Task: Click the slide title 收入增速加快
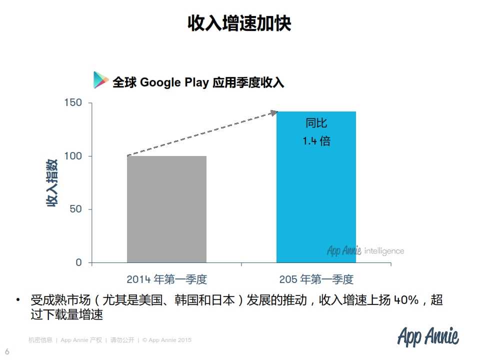pyautogui.click(x=239, y=23)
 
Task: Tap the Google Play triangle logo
pyautogui.click(x=100, y=80)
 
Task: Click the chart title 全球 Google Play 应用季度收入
pyautogui.click(x=198, y=82)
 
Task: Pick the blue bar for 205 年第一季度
pyautogui.click(x=316, y=200)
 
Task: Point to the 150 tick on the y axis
pyautogui.click(x=72, y=103)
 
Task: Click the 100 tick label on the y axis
pyautogui.click(x=72, y=156)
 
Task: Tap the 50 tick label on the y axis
pyautogui.click(x=75, y=209)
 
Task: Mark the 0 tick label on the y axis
pyautogui.click(x=78, y=262)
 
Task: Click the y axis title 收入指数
pyautogui.click(x=52, y=182)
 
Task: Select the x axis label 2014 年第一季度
pyautogui.click(x=166, y=279)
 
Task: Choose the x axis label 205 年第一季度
pyautogui.click(x=316, y=279)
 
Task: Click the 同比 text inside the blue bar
pyautogui.click(x=316, y=123)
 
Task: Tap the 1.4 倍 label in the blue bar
pyautogui.click(x=316, y=141)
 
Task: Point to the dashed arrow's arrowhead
pyautogui.click(x=273, y=112)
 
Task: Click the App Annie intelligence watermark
pyautogui.click(x=365, y=250)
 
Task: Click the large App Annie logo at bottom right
pyautogui.click(x=428, y=337)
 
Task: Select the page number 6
pyautogui.click(x=7, y=350)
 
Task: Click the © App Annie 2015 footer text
pyautogui.click(x=167, y=340)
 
